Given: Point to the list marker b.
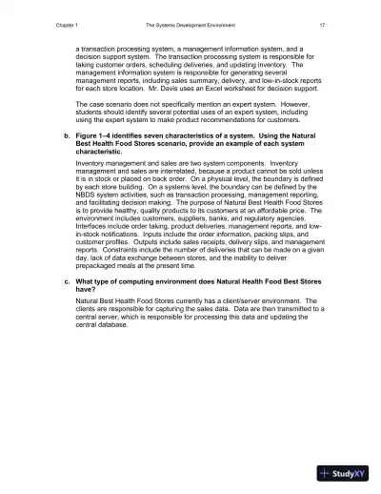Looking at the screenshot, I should click(x=63, y=137).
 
